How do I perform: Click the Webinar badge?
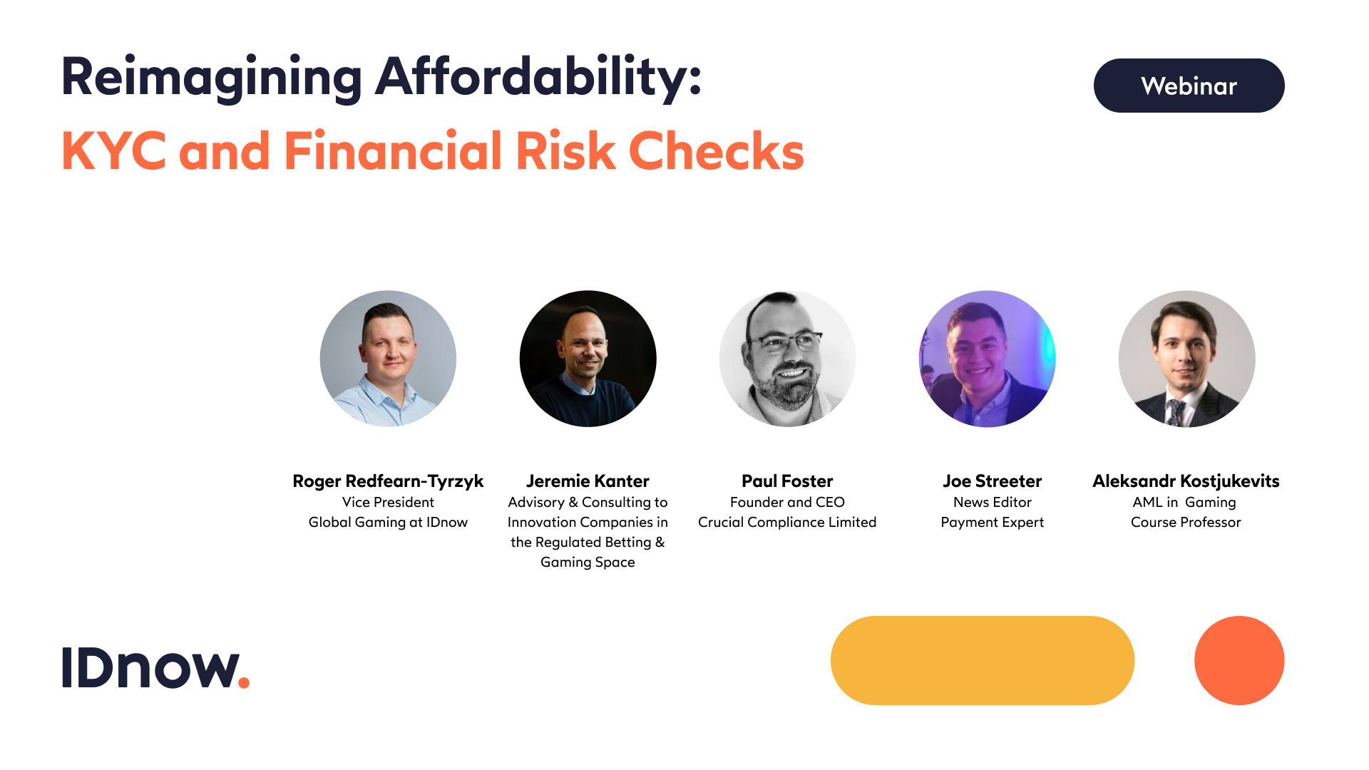pyautogui.click(x=1189, y=86)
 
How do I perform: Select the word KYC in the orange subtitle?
pyautogui.click(x=114, y=151)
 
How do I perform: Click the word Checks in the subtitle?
pyautogui.click(x=716, y=151)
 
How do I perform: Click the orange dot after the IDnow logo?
pyautogui.click(x=244, y=683)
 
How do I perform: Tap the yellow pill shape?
pyautogui.click(x=982, y=660)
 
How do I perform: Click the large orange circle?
pyautogui.click(x=1239, y=660)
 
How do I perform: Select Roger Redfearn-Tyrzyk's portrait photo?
pyautogui.click(x=388, y=359)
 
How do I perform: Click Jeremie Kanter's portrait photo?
pyautogui.click(x=588, y=359)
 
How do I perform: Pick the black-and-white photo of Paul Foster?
pyautogui.click(x=787, y=359)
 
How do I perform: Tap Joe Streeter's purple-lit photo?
pyautogui.click(x=987, y=359)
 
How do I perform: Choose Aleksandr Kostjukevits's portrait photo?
pyautogui.click(x=1186, y=359)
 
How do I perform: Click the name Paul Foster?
pyautogui.click(x=787, y=481)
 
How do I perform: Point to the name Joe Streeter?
pyautogui.click(x=992, y=481)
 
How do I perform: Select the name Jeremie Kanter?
pyautogui.click(x=588, y=481)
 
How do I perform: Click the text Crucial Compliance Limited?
pyautogui.click(x=787, y=522)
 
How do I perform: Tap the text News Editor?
pyautogui.click(x=992, y=502)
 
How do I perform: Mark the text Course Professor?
pyautogui.click(x=1186, y=522)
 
